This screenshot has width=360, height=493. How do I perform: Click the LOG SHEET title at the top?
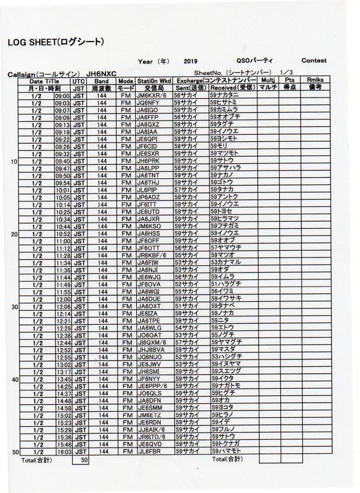(x=56, y=42)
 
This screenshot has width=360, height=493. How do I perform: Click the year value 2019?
(x=190, y=61)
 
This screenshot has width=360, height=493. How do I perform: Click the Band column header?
(x=101, y=81)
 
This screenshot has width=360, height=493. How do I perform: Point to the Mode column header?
(x=126, y=81)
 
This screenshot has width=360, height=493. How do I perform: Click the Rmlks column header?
(x=319, y=81)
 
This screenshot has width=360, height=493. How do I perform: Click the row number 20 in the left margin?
(x=15, y=234)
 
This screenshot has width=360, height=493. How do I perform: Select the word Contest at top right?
(x=314, y=61)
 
